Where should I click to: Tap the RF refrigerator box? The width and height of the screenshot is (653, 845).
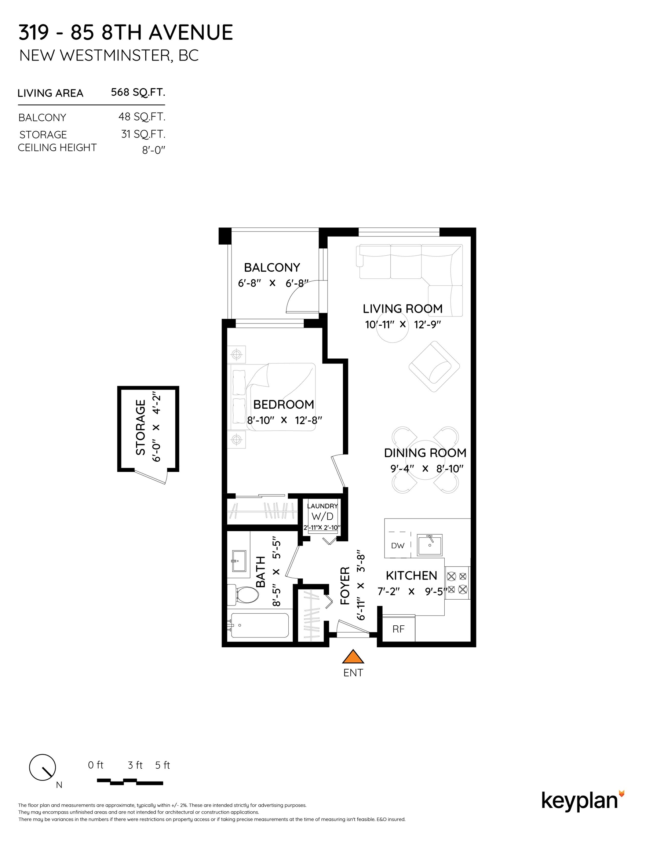pyautogui.click(x=398, y=629)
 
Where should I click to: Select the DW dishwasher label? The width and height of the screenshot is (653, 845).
pyautogui.click(x=398, y=545)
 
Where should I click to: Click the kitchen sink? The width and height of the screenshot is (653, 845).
pyautogui.click(x=429, y=545)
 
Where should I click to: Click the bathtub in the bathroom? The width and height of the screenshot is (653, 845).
pyautogui.click(x=258, y=625)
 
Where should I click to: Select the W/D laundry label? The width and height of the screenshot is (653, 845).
pyautogui.click(x=322, y=516)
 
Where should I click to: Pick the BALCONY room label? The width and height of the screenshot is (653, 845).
pyautogui.click(x=272, y=267)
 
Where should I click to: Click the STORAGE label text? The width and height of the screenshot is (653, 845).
pyautogui.click(x=141, y=427)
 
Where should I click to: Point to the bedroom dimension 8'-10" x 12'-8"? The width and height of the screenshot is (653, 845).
pyautogui.click(x=285, y=420)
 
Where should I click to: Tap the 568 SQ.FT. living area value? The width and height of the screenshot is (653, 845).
pyautogui.click(x=138, y=92)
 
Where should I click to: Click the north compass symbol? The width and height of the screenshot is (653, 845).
pyautogui.click(x=43, y=768)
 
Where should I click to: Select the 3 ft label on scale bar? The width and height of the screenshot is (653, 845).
pyautogui.click(x=135, y=765)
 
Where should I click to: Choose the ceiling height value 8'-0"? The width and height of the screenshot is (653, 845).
pyautogui.click(x=154, y=150)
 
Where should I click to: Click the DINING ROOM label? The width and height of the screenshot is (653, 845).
pyautogui.click(x=425, y=453)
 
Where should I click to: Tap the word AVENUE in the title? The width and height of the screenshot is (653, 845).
pyautogui.click(x=191, y=32)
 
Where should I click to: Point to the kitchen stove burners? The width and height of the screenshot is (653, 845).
pyautogui.click(x=457, y=583)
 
